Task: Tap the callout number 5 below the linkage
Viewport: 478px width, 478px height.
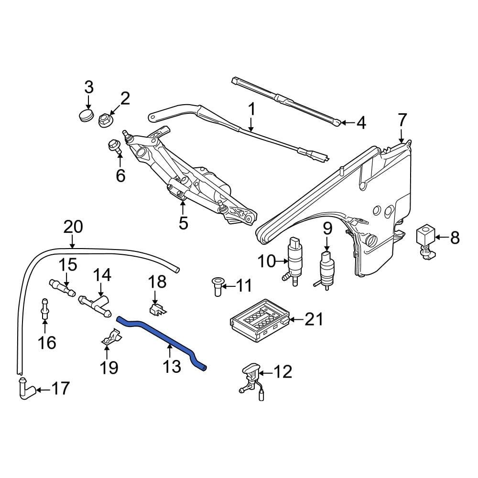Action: (x=184, y=222)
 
